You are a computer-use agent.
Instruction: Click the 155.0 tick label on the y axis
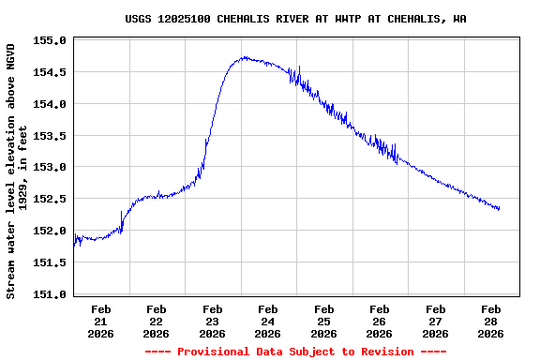(49, 41)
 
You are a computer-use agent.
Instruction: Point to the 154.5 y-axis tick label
(49, 72)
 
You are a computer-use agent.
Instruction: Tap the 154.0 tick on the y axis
(49, 104)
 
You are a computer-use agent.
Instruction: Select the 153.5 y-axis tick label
(49, 136)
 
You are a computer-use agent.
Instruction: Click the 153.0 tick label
(49, 168)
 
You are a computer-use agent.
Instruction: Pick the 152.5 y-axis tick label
(49, 200)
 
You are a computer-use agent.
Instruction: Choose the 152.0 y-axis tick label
(49, 232)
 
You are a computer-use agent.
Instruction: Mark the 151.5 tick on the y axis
(49, 263)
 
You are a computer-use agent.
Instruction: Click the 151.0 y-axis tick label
(49, 294)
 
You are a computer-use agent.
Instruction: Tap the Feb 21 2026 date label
(101, 321)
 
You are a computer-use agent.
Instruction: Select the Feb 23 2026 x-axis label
(213, 321)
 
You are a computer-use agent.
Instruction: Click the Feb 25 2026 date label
(324, 321)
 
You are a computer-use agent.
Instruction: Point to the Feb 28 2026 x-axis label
(491, 321)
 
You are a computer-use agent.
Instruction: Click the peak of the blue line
(244, 57)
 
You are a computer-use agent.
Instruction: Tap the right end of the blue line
(499, 209)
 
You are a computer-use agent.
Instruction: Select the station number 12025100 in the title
(189, 19)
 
